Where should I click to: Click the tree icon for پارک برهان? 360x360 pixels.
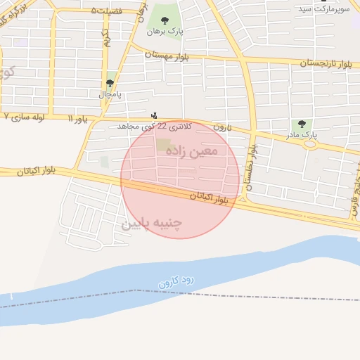tap(165, 21)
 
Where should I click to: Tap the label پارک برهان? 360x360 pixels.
tap(165, 32)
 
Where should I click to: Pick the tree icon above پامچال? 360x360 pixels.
tap(109, 82)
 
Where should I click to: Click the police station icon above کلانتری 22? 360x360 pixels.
tap(155, 115)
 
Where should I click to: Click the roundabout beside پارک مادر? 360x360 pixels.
tap(309, 144)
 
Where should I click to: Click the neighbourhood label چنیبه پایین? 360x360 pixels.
tap(152, 224)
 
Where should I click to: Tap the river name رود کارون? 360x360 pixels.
tap(176, 281)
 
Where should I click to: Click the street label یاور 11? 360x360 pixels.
tap(78, 120)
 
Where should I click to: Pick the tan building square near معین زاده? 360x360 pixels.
tap(163, 145)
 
